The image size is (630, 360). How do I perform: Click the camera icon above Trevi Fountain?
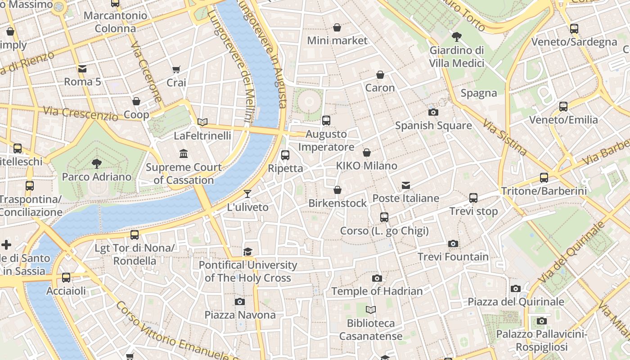coord(453,243)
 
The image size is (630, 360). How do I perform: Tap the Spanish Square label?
coord(433,126)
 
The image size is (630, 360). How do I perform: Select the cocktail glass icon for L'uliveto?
coord(247,194)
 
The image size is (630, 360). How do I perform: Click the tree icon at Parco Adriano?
coord(96,163)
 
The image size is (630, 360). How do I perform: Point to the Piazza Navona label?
coord(240,315)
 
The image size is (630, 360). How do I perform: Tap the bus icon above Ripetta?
coord(285,155)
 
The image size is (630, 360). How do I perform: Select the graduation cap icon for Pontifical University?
coord(248,252)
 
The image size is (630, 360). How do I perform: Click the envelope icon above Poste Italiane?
coord(406,185)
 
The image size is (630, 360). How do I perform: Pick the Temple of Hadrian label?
coord(377,291)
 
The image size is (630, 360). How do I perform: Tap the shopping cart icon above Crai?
coord(176,70)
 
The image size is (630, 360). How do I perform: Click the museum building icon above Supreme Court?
coord(184,154)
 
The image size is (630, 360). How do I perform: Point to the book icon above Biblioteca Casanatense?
coord(371,310)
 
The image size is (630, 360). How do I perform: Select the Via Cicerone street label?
coord(146,72)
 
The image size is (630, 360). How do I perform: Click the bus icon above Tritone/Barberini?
coord(544,177)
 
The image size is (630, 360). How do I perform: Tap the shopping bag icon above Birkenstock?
coord(337,190)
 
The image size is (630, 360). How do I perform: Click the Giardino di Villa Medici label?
coord(457,57)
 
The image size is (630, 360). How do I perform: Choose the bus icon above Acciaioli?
coord(66,278)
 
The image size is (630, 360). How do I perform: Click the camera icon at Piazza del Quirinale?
coord(516,288)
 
